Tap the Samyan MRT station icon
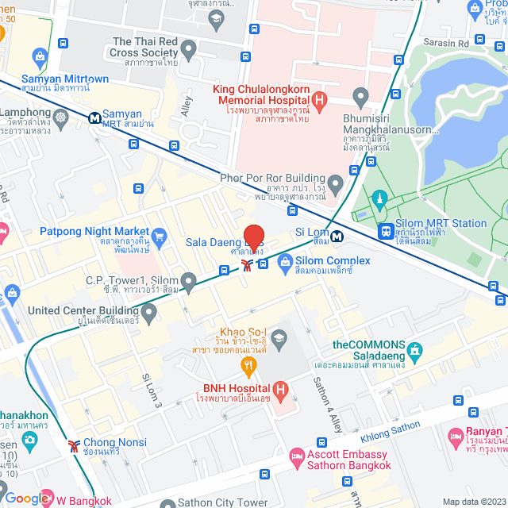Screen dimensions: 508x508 (94, 117)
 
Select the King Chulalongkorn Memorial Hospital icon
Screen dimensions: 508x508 (319, 100)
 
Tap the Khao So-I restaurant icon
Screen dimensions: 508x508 (248, 366)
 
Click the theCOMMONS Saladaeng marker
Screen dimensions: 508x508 (414, 350)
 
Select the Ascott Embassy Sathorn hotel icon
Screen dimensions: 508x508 (296, 458)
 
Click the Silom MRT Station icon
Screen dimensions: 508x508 (386, 231)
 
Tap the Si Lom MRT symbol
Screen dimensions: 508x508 (337, 235)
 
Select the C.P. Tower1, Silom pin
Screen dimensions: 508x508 (188, 281)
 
